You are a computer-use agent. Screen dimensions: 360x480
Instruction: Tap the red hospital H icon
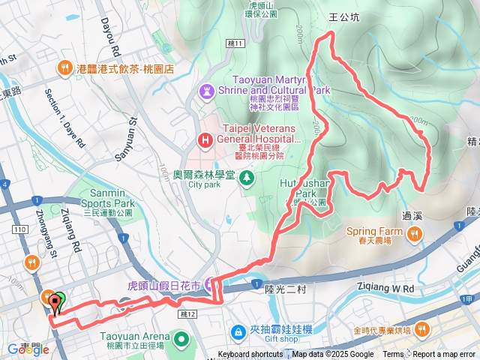coord(205,139)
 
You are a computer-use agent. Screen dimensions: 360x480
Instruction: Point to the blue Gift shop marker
coord(238,331)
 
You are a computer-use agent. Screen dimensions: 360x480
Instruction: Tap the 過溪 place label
coord(413,215)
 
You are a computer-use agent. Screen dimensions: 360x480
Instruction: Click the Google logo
coord(24,349)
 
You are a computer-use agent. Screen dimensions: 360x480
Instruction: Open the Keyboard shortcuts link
coord(250,355)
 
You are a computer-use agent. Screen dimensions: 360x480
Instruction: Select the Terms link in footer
coord(393,355)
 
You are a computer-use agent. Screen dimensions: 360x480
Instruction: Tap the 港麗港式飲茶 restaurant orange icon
coord(66,68)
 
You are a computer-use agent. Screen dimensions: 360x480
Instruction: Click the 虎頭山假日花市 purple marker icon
coord(211,286)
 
